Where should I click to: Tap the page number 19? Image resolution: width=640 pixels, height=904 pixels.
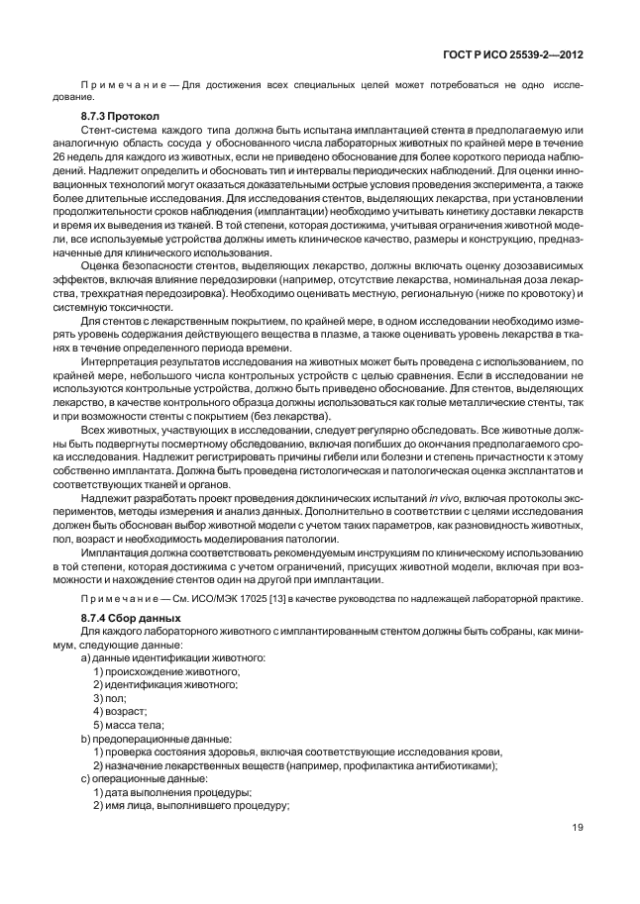click(576, 854)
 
